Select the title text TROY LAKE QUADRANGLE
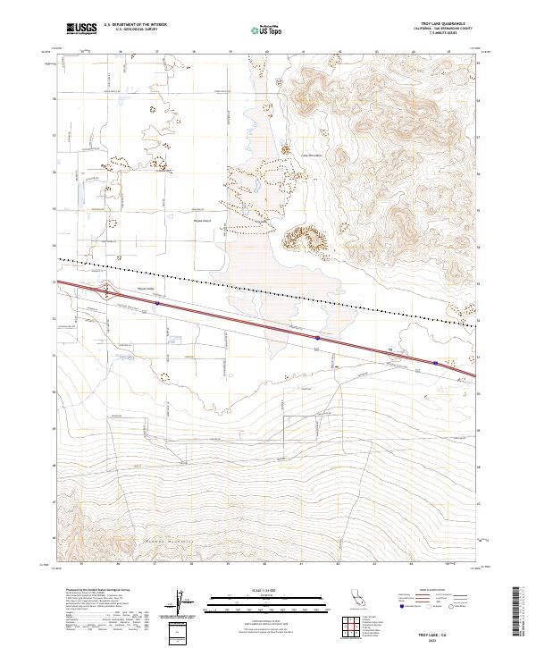(x=436, y=23)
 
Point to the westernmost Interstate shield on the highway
(x=157, y=303)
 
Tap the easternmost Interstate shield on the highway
(x=435, y=363)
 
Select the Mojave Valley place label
(x=146, y=289)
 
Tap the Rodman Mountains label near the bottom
(x=175, y=555)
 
